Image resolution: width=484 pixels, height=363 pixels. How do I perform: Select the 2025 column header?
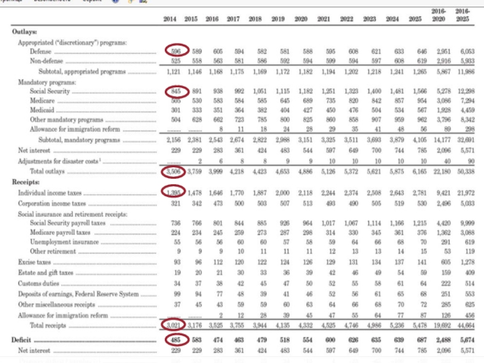click(x=414, y=19)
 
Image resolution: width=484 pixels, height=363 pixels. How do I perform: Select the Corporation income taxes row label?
click(x=51, y=204)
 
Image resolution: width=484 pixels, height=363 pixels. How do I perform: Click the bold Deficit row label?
click(x=23, y=341)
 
